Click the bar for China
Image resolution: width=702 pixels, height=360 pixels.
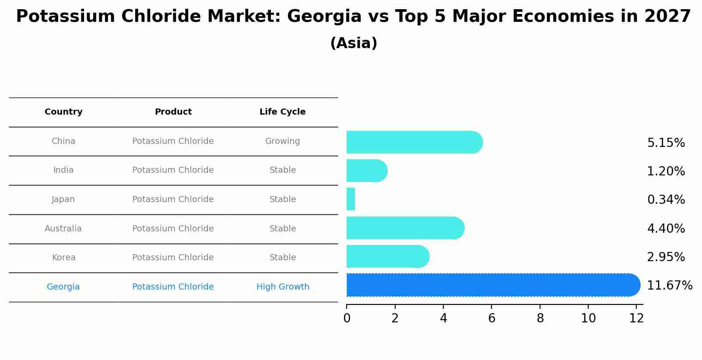[x=414, y=142]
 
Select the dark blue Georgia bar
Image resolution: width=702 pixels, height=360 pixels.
[x=493, y=285]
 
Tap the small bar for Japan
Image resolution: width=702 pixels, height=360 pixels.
[x=351, y=199]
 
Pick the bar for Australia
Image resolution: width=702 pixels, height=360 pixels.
[x=405, y=228]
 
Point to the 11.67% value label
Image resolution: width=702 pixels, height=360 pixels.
[x=669, y=286]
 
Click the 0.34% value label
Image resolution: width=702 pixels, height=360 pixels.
[x=666, y=200]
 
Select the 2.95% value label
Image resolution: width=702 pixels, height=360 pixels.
[x=666, y=257]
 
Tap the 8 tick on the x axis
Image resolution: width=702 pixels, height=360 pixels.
[x=540, y=318]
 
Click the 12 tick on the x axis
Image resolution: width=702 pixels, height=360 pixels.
[x=636, y=318]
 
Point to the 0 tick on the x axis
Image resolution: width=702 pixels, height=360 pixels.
[x=347, y=318]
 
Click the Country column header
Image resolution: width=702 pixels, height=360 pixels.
[x=63, y=112]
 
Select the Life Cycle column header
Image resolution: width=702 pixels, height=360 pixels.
[x=282, y=112]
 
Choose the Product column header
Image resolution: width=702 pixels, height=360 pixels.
[x=173, y=112]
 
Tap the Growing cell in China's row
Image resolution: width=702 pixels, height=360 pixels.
[x=282, y=141]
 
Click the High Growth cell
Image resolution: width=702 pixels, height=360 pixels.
[x=282, y=287]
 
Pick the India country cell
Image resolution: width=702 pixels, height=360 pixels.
[x=63, y=170]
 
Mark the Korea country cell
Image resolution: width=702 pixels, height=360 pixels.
[x=63, y=258]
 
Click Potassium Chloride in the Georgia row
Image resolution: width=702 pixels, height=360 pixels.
[x=173, y=287]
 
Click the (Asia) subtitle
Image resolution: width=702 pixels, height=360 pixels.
[x=354, y=43]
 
